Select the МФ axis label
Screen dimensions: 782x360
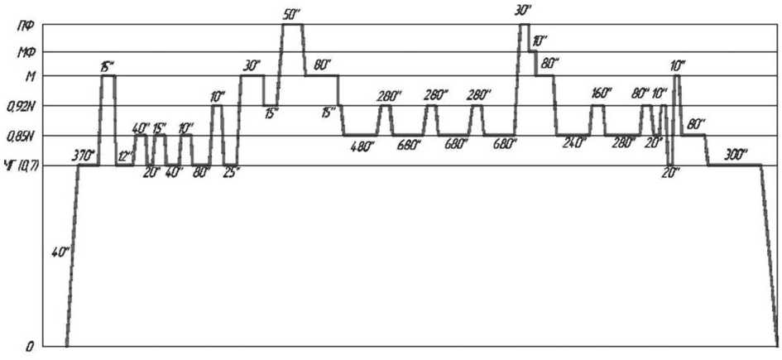point(26,53)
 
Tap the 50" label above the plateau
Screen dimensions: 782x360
point(291,13)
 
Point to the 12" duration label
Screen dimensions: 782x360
point(125,156)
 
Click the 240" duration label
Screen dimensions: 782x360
point(574,143)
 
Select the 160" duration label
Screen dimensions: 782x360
point(602,94)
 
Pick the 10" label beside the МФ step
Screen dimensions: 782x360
point(540,40)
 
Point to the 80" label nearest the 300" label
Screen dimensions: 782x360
point(696,123)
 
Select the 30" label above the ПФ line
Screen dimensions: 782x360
point(522,10)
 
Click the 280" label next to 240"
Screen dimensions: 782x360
point(624,143)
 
